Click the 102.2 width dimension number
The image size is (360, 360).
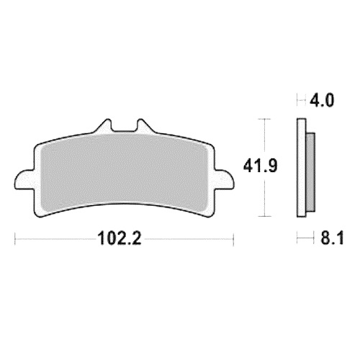(120, 238)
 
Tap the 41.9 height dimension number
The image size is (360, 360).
(260, 166)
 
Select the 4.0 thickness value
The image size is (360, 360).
(322, 100)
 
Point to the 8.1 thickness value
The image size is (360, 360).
(332, 238)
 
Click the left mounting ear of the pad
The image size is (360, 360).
(24, 179)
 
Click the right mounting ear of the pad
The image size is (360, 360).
(225, 179)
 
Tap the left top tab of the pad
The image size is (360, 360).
(104, 126)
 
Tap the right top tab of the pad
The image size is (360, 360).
(145, 126)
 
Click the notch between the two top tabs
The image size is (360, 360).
(125, 126)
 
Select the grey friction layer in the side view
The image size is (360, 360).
(311, 172)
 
